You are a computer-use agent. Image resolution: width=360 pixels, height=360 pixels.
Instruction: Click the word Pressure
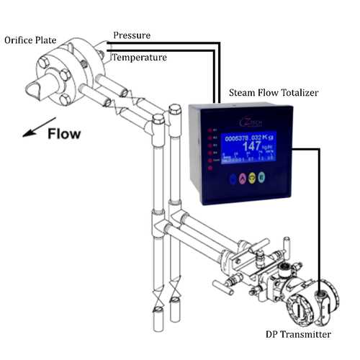point(132,35)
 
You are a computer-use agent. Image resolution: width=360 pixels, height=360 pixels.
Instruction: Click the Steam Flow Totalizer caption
point(276,93)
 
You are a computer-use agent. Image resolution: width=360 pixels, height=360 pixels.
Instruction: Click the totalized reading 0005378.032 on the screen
point(244,136)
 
